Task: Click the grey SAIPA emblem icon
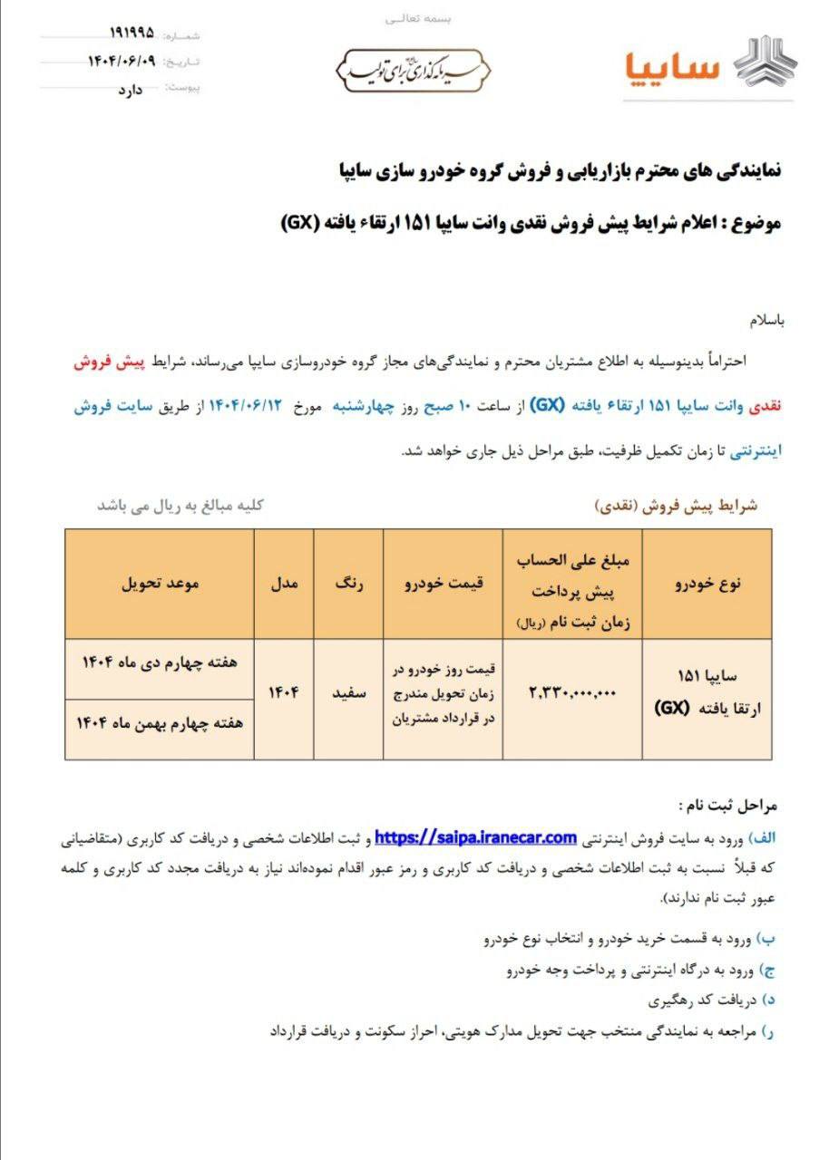pos(765,64)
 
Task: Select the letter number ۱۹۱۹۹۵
pos(132,34)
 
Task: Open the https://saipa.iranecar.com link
pos(475,836)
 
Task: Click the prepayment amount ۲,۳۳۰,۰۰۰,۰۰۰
pos(572,691)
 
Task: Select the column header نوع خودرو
pos(708,584)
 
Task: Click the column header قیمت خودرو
pos(444,584)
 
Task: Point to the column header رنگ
pos(349,584)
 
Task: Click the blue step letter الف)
pos(766,837)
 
